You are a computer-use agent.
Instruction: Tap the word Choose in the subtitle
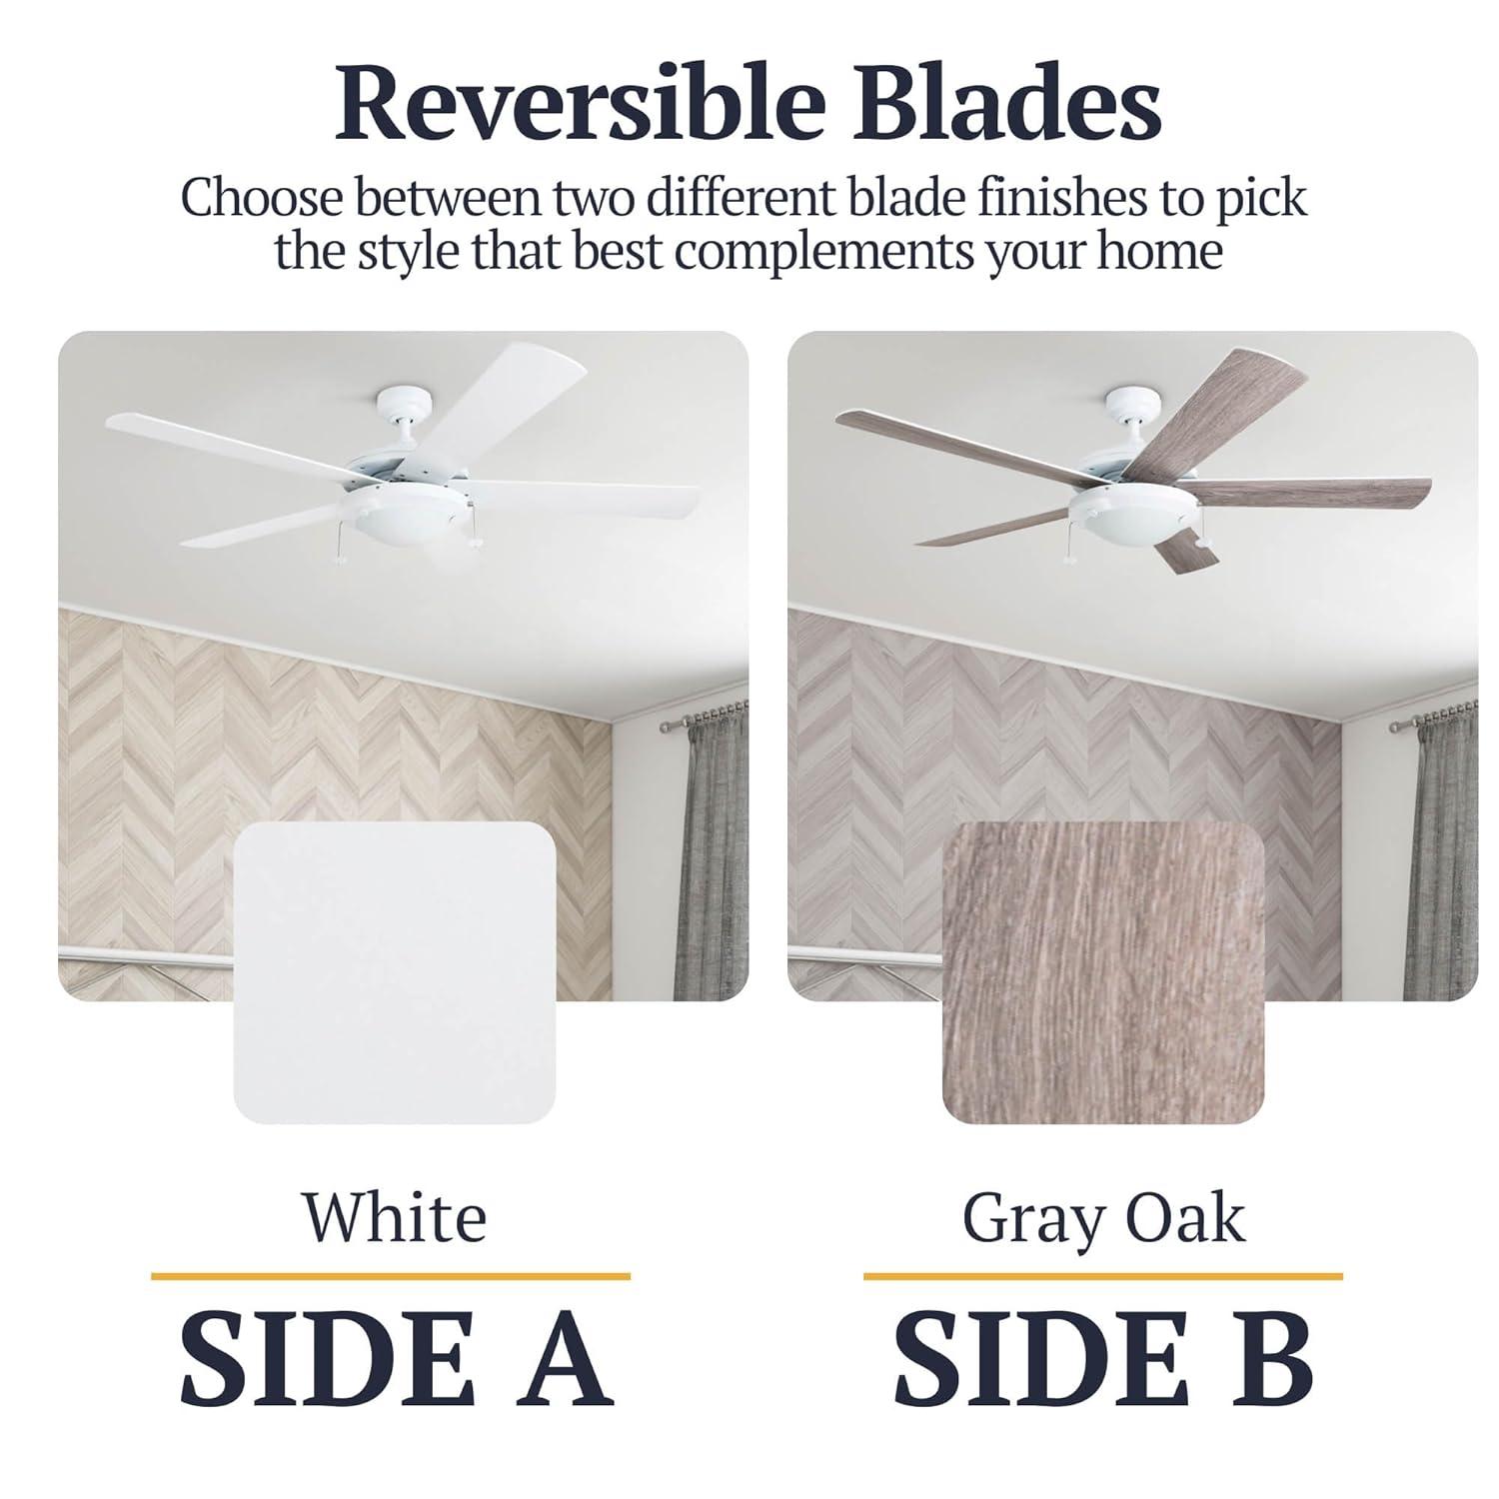point(262,197)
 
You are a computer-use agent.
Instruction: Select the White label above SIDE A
point(395,1218)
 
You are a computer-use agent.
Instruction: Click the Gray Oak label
point(1103,1218)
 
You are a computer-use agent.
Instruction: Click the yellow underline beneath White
point(391,1276)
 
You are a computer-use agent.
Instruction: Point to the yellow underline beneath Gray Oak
point(1102,1276)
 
